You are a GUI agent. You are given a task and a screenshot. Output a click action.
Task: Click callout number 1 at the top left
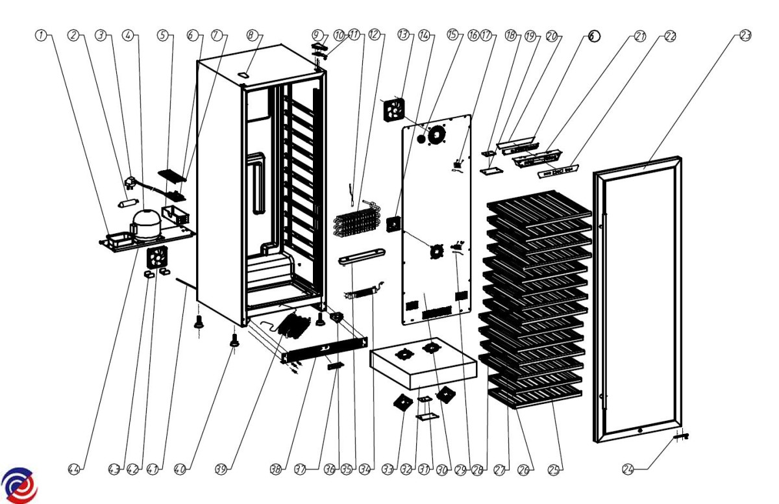click(x=41, y=36)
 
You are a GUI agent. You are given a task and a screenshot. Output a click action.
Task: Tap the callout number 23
click(x=745, y=36)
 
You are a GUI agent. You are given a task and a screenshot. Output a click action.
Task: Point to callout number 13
click(x=404, y=36)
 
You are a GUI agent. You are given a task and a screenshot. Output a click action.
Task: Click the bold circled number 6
click(x=595, y=36)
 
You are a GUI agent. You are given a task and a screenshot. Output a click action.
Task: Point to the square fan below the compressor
click(x=156, y=258)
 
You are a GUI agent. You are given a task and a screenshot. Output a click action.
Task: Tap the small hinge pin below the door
click(x=678, y=437)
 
